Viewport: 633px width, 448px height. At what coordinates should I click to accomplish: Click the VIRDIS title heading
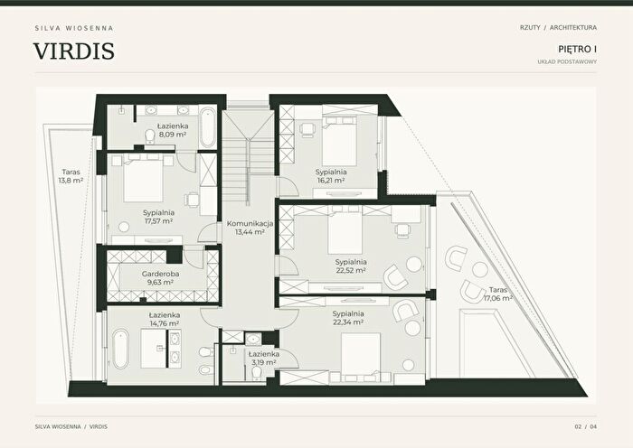click(x=74, y=51)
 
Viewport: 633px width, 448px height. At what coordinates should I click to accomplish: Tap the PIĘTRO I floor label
click(x=577, y=49)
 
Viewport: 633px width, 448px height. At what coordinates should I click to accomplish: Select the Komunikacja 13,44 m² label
click(x=250, y=228)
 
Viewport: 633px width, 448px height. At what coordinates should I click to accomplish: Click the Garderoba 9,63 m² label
click(x=160, y=278)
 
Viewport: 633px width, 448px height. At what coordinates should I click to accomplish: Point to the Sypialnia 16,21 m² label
click(x=331, y=176)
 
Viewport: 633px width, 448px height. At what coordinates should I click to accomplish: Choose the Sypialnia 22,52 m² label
click(x=351, y=266)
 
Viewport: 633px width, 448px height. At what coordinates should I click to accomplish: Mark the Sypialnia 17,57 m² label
click(x=158, y=217)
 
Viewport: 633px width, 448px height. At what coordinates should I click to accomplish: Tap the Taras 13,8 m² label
click(x=71, y=176)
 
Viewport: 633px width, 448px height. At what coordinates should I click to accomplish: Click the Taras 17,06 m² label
click(x=498, y=294)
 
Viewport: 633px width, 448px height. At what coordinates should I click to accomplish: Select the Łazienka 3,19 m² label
click(x=264, y=358)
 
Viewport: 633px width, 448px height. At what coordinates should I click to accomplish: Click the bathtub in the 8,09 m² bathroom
click(x=208, y=127)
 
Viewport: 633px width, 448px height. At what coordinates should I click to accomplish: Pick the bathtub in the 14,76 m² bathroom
click(x=120, y=350)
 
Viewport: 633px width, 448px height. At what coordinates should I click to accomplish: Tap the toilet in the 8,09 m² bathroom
click(x=150, y=136)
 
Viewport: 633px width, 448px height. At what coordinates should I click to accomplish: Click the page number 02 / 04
click(x=586, y=426)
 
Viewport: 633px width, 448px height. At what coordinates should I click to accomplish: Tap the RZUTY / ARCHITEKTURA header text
click(x=558, y=27)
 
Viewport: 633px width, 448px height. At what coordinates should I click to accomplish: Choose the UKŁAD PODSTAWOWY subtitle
click(x=567, y=61)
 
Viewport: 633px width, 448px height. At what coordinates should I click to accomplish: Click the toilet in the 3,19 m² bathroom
click(x=257, y=373)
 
